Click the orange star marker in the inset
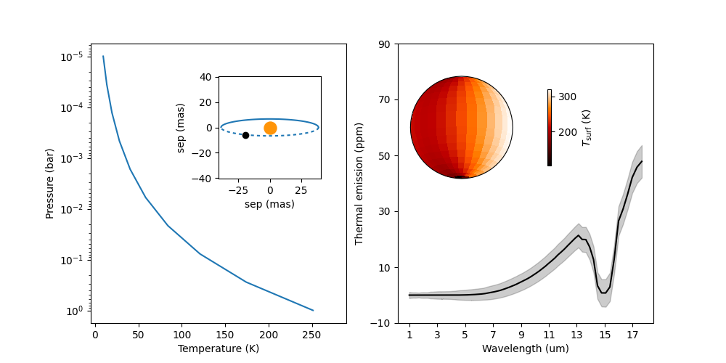(270, 128)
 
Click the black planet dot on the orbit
(245, 135)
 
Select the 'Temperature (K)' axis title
(219, 348)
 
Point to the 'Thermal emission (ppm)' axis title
(359, 184)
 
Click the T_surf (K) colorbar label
(587, 128)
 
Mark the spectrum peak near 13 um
(579, 235)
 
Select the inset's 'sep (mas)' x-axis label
(269, 205)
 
